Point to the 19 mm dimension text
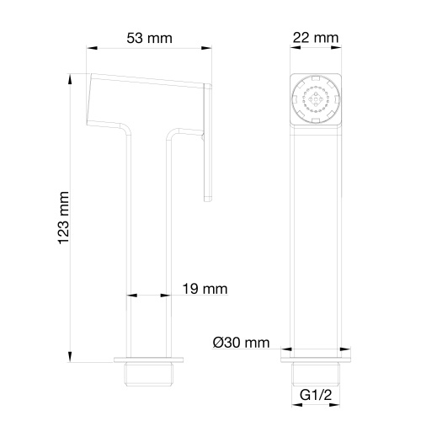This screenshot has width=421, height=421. click(x=205, y=289)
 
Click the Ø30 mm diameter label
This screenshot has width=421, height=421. click(x=242, y=342)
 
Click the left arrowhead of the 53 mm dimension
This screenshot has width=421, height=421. click(x=91, y=51)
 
